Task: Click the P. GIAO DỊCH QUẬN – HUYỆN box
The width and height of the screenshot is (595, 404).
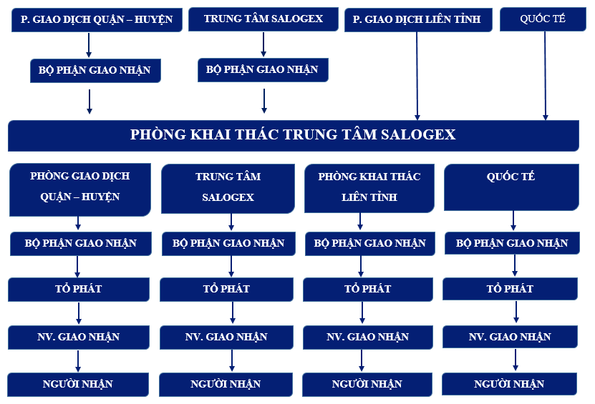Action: [97, 19]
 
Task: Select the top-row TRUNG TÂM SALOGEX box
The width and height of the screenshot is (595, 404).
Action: [263, 19]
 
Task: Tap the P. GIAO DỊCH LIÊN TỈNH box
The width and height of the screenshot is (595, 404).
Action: [417, 19]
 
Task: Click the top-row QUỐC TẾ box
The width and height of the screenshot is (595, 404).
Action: [546, 19]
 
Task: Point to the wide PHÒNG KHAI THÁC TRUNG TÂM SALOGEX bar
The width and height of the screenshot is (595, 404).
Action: [293, 134]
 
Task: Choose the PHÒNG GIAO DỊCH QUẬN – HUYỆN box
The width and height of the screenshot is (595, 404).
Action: [80, 187]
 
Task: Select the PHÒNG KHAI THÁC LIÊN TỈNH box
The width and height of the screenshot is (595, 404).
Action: [369, 187]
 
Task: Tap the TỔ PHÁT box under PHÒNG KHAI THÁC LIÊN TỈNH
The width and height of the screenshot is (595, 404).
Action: [368, 289]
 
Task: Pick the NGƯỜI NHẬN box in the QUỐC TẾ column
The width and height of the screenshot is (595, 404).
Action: [509, 384]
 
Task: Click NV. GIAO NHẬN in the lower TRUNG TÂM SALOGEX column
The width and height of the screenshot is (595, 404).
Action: [226, 337]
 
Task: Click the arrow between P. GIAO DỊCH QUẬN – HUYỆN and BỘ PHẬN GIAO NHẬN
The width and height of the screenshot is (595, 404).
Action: [89, 45]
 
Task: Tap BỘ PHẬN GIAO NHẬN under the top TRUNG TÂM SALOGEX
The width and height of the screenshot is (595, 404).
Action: [263, 69]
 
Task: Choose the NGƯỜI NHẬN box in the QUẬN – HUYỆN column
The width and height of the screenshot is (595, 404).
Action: [78, 384]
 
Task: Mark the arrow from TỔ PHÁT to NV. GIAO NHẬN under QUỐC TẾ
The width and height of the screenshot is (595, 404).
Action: [516, 312]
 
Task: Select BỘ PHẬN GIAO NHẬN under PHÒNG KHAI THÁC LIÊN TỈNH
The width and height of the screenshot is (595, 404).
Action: [369, 243]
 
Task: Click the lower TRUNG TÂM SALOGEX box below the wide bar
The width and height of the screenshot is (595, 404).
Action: [228, 187]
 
